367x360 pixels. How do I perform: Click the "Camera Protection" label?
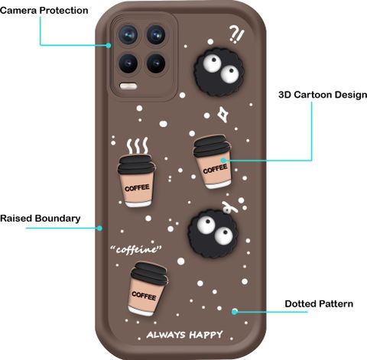click(x=44, y=11)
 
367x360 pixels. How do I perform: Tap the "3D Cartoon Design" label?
click(x=323, y=95)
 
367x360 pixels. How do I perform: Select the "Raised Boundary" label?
click(x=41, y=219)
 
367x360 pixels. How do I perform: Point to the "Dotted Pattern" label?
click(x=319, y=303)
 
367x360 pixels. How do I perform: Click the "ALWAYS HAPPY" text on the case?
click(x=185, y=335)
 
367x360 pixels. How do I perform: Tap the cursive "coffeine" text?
click(x=136, y=249)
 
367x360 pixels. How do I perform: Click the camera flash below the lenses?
click(x=128, y=86)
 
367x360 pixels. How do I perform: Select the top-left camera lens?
click(x=128, y=34)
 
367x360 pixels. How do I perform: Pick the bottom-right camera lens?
click(x=156, y=63)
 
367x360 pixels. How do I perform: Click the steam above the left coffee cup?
click(x=138, y=146)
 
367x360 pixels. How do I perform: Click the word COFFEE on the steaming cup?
click(x=137, y=188)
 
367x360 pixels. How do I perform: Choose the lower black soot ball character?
click(x=213, y=233)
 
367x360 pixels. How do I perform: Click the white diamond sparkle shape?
click(x=222, y=115)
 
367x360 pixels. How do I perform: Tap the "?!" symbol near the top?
click(x=236, y=34)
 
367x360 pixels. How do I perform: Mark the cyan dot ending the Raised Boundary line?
click(x=100, y=228)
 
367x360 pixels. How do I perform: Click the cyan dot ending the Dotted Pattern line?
click(x=235, y=311)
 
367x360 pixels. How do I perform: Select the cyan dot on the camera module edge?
click(x=109, y=45)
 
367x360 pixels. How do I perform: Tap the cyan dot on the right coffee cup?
click(x=223, y=161)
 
